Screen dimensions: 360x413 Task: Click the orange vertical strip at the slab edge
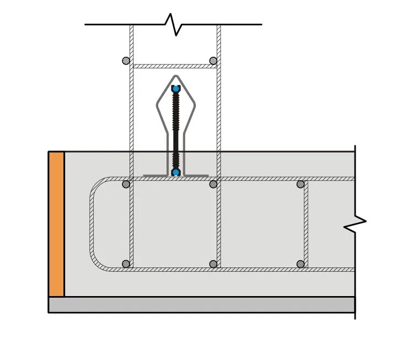[x=56, y=224]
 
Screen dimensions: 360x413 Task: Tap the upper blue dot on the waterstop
[x=176, y=89]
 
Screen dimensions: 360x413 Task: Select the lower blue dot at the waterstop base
[x=176, y=173]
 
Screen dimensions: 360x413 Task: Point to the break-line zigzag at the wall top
[x=173, y=24]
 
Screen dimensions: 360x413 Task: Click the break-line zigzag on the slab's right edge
[x=355, y=224]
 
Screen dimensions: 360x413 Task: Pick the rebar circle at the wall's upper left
[x=126, y=61]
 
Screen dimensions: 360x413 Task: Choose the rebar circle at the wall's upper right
[x=213, y=61]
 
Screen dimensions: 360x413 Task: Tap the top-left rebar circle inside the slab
[x=126, y=184]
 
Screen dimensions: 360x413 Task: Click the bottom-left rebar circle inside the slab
[x=126, y=264]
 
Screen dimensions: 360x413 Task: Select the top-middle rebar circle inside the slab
[x=213, y=184]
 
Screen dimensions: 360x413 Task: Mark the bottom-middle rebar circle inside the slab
[x=213, y=264]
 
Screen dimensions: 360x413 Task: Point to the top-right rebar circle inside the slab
[x=301, y=184]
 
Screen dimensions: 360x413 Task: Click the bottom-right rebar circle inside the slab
[x=301, y=264]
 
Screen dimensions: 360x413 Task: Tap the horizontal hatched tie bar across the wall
[x=174, y=66]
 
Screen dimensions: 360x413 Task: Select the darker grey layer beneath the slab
[x=202, y=305]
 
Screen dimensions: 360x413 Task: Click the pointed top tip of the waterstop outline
[x=176, y=77]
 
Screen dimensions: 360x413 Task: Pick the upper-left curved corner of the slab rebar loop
[x=96, y=185]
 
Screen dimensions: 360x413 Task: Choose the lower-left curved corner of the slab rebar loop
[x=96, y=263]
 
